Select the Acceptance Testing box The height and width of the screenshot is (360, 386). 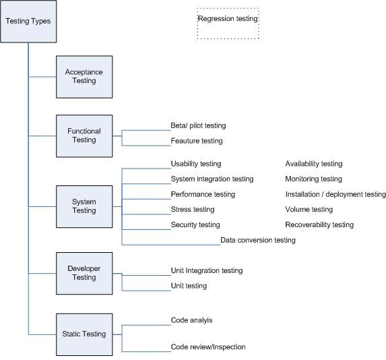point(84,76)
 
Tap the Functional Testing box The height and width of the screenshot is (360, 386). point(84,136)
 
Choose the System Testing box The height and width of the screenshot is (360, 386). point(84,206)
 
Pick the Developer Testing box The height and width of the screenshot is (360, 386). point(84,272)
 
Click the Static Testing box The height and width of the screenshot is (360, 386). point(84,334)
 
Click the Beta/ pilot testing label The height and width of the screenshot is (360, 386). point(198,125)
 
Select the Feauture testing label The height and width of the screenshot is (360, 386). point(196,141)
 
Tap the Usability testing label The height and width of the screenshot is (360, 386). point(195,164)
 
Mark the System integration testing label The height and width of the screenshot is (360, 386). point(212,179)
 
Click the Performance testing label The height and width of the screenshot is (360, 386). point(203,194)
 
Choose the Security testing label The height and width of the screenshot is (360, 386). point(195,224)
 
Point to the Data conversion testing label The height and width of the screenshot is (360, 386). point(257,240)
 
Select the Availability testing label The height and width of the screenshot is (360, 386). point(313,164)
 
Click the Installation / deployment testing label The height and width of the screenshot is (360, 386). point(335,194)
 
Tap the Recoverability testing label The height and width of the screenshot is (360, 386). point(319,224)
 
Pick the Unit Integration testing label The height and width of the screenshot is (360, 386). point(206,270)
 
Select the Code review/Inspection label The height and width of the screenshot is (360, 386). point(207,347)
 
